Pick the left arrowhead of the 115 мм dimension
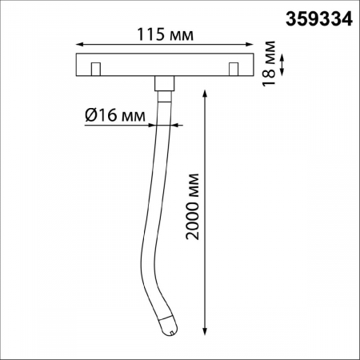pos(78,46)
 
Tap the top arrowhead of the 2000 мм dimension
pos(206,82)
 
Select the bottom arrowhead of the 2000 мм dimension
pos(206,330)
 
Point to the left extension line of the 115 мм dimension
pos(74,48)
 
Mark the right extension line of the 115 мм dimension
pos(254,48)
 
